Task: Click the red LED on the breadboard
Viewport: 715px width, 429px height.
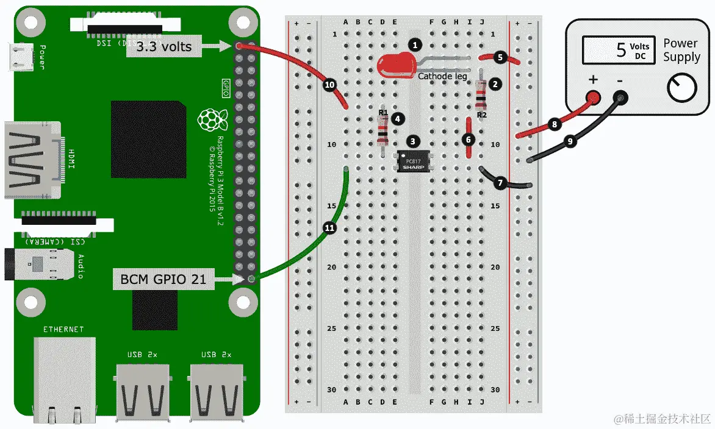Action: (395, 65)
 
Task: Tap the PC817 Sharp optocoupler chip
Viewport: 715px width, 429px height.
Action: (414, 160)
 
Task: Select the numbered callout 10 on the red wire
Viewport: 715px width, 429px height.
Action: (330, 85)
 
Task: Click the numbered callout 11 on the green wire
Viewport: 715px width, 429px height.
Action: (330, 228)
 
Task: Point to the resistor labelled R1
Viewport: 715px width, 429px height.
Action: (383, 130)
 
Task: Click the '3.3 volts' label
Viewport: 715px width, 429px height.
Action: (163, 46)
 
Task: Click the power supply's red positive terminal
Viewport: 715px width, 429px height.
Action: (592, 97)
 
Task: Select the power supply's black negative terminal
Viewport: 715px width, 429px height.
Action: (620, 97)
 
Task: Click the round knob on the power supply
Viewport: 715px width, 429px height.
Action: (681, 89)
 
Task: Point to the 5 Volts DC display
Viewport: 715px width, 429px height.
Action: (617, 49)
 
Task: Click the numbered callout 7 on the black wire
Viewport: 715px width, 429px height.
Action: (501, 182)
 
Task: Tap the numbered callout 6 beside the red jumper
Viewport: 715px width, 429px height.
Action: (469, 140)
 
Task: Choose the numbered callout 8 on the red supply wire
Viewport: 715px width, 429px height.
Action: (554, 125)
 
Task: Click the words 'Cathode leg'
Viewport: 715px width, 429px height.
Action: (443, 76)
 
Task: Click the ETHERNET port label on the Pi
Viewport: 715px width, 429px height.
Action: (63, 330)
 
